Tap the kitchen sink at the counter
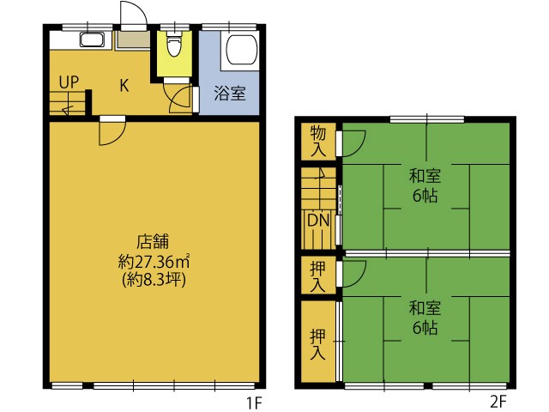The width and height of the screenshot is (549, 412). (92, 39)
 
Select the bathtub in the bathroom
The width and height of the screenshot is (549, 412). (241, 49)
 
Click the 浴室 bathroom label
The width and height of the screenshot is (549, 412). (230, 94)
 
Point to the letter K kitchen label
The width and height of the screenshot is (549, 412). (124, 85)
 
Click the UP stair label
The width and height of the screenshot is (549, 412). (69, 82)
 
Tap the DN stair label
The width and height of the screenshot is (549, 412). (318, 221)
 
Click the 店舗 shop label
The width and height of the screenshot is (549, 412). (153, 242)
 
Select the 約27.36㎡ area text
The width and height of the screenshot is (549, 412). (154, 261)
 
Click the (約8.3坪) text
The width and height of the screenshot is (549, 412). (154, 280)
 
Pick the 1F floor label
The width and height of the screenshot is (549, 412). (254, 403)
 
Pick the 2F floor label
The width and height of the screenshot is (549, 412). (498, 402)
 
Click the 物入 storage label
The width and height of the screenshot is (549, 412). (318, 141)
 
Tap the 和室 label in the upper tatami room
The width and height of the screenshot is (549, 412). (425, 176)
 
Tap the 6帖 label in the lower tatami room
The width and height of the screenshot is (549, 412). (425, 328)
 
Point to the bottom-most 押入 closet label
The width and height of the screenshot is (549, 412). (318, 345)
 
